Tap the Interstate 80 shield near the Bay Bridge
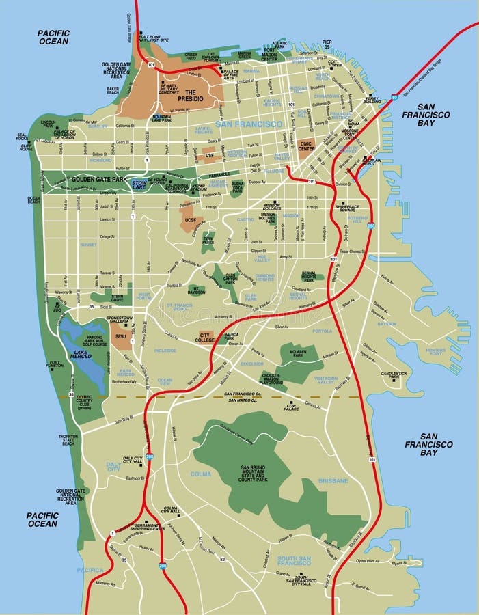pos(394,97)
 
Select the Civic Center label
pos(305,146)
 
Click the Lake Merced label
pos(81,355)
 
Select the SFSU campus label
pos(121,337)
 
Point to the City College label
pos(204,338)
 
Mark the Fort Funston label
pos(55,366)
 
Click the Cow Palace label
pos(292,408)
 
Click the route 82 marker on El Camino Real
pos(222,559)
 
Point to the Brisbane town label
pos(333,481)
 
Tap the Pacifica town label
pos(90,569)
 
